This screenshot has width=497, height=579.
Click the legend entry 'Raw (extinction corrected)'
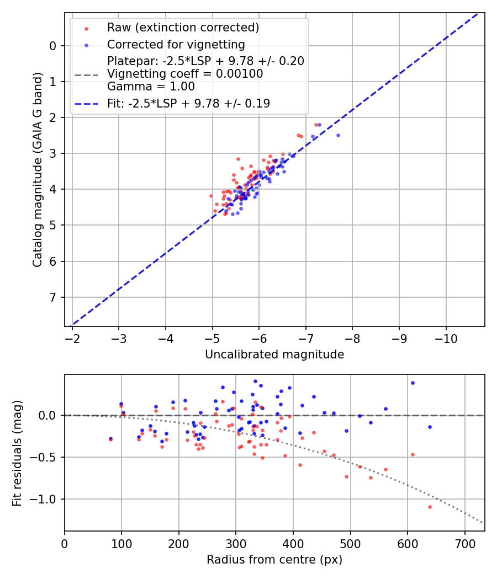coord(183,28)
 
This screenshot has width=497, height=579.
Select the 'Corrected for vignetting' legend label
coord(176,45)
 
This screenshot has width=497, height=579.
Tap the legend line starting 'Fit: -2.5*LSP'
coord(188,103)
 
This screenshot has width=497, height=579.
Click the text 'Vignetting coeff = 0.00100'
coord(185,74)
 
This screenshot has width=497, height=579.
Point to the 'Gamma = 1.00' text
coord(151,87)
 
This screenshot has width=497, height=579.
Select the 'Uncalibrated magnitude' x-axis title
coord(274,355)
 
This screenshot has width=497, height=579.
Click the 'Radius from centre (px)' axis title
coord(274,560)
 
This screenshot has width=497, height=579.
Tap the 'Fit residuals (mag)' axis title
coord(18,453)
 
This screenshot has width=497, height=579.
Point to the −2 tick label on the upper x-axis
coord(72,338)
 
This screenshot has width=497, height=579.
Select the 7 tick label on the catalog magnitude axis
coord(53,298)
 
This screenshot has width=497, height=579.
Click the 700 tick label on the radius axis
coord(464,543)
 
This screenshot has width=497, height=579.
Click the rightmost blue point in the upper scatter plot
coord(338,135)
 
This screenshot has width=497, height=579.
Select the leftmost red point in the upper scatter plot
coord(211,196)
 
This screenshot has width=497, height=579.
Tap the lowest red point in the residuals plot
coord(430,507)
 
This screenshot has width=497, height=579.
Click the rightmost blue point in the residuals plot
coord(430,427)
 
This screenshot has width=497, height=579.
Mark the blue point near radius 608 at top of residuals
coord(413,383)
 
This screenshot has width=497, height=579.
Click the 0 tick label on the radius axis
coord(65,543)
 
